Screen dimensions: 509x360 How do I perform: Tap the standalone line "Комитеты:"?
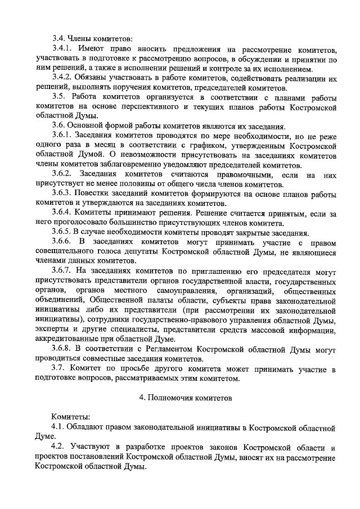pyautogui.click(x=70, y=417)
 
